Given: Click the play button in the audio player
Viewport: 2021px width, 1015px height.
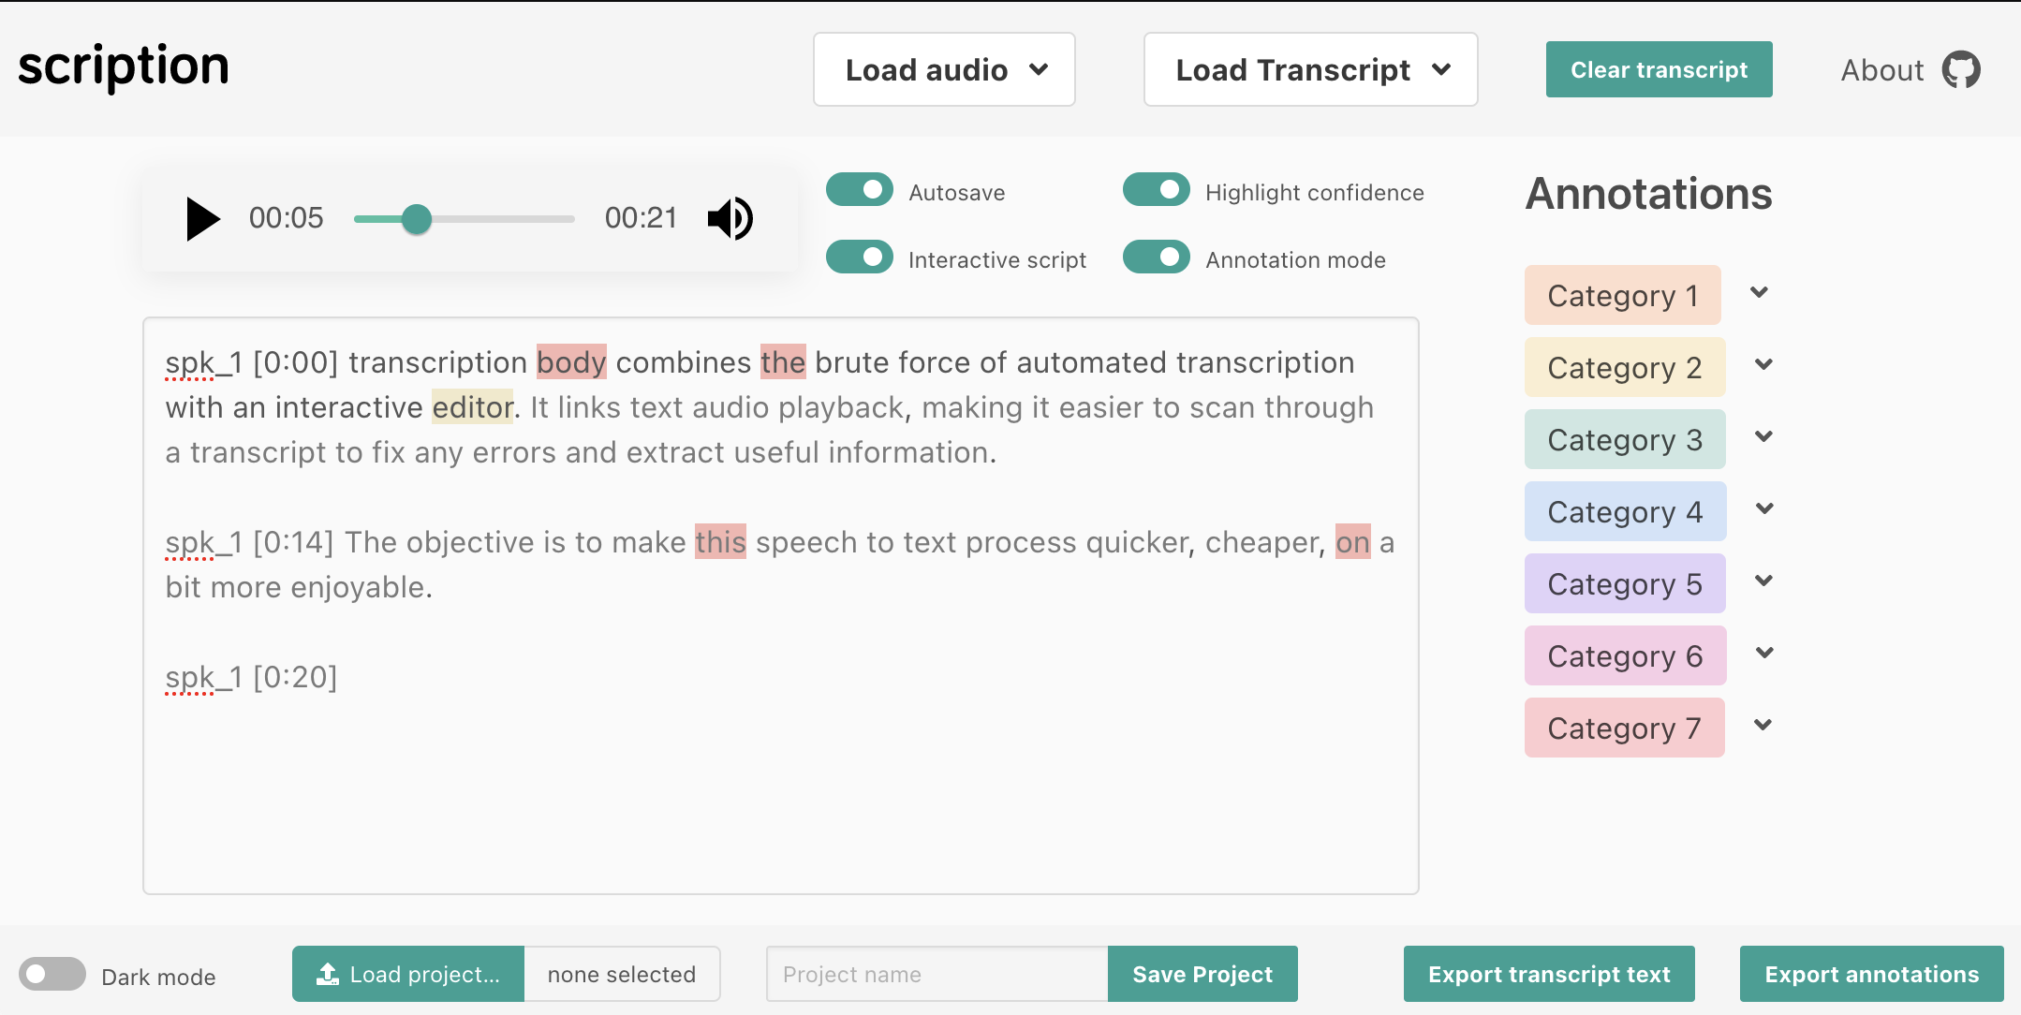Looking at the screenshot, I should pyautogui.click(x=202, y=219).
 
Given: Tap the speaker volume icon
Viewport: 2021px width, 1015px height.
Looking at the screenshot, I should pyautogui.click(x=730, y=219).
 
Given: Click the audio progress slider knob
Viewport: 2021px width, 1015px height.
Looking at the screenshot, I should pyautogui.click(x=417, y=219).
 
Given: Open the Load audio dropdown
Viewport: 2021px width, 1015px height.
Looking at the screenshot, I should pyautogui.click(x=944, y=70).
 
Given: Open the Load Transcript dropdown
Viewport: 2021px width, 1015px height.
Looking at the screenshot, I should pyautogui.click(x=1310, y=70).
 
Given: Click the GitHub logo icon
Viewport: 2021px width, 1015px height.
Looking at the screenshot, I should pyautogui.click(x=1960, y=70).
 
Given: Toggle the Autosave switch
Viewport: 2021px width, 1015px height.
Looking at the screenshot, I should pyautogui.click(x=860, y=190).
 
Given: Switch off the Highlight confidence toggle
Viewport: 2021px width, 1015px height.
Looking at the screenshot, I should pyautogui.click(x=1156, y=190).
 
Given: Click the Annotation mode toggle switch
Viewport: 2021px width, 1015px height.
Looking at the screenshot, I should pyautogui.click(x=1156, y=257).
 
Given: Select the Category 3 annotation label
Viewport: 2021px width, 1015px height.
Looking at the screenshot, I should pyautogui.click(x=1624, y=440).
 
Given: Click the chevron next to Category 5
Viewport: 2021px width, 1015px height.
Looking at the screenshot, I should pyautogui.click(x=1764, y=581).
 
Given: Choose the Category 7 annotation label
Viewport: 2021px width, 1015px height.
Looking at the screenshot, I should pyautogui.click(x=1624, y=728).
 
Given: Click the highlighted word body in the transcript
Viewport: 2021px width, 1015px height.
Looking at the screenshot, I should pyautogui.click(x=571, y=363).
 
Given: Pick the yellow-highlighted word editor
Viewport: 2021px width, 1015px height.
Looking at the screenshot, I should pyautogui.click(x=472, y=408).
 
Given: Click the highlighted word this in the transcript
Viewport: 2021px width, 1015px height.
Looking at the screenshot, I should pyautogui.click(x=720, y=543).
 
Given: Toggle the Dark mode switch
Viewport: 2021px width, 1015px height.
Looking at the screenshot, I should pyautogui.click(x=52, y=975).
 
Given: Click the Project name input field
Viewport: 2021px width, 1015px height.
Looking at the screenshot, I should pyautogui.click(x=937, y=975).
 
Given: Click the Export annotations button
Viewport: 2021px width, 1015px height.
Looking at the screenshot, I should pyautogui.click(x=1871, y=975).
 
